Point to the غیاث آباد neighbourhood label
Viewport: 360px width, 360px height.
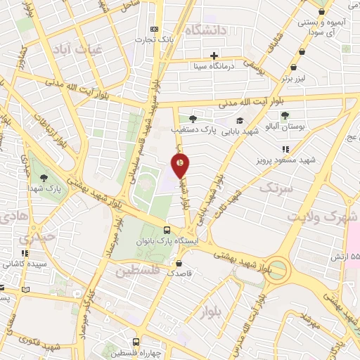pyautogui.click(x=77, y=50)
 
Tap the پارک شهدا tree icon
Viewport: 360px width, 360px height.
pyautogui.click(x=44, y=178)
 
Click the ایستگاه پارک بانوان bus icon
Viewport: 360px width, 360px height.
pyautogui.click(x=167, y=230)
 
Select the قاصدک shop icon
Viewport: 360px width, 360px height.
pyautogui.click(x=178, y=264)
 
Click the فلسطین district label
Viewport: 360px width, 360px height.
pyautogui.click(x=138, y=271)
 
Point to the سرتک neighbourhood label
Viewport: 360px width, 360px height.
pyautogui.click(x=274, y=188)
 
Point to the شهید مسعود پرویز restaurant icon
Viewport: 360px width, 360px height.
pyautogui.click(x=285, y=149)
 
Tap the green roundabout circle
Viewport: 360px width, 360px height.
pyautogui.click(x=276, y=269)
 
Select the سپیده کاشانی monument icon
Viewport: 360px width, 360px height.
pyautogui.click(x=25, y=254)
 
